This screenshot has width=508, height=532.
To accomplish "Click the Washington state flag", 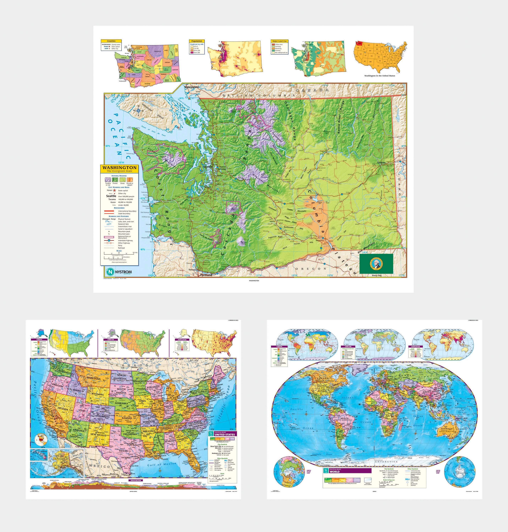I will coord(376,263).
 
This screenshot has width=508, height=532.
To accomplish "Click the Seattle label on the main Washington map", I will coord(208,167).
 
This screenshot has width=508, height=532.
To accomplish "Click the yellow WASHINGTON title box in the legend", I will coord(119,169).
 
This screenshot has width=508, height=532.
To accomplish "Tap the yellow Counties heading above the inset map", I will coord(111,41).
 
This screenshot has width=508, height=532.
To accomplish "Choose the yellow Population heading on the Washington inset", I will coord(197,41).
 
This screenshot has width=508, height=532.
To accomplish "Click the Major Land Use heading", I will coord(279,41).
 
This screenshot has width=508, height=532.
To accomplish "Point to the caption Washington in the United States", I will coord(379,76).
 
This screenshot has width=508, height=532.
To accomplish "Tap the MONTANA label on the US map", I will coord(94,378).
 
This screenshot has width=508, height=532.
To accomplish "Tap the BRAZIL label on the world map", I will coord(345,418).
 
